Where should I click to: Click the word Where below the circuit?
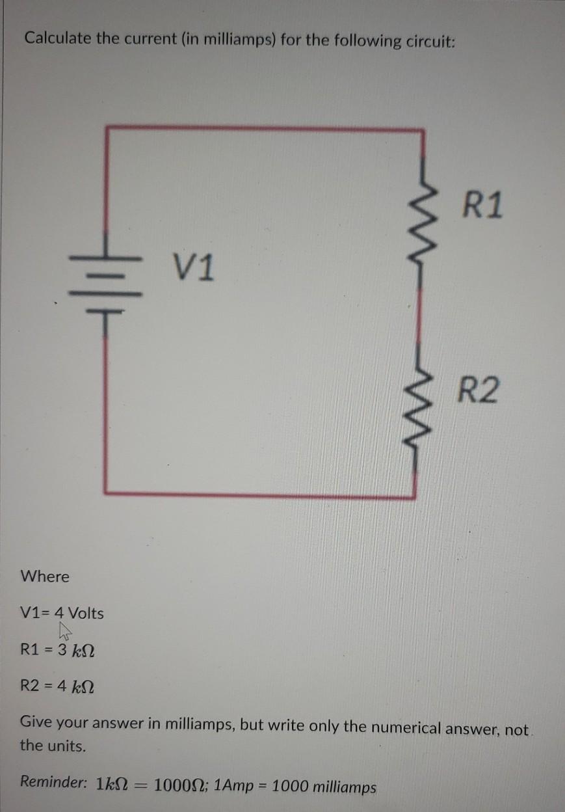[45, 576]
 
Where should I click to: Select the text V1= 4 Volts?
[62, 613]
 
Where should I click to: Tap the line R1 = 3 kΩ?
[58, 649]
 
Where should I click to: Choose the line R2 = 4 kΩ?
[58, 685]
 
